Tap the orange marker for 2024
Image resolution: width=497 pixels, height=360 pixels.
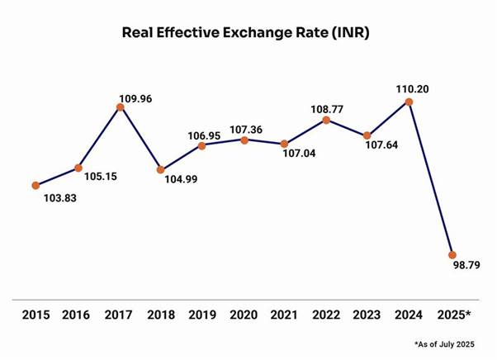coord(409,102)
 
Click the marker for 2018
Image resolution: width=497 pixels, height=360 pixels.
coord(161,170)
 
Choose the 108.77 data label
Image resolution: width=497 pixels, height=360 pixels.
coord(326,107)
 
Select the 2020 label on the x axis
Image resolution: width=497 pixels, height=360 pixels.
coord(244,315)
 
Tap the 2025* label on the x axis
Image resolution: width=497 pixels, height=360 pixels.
coord(453,315)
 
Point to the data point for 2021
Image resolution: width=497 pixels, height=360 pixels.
coord(285,144)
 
